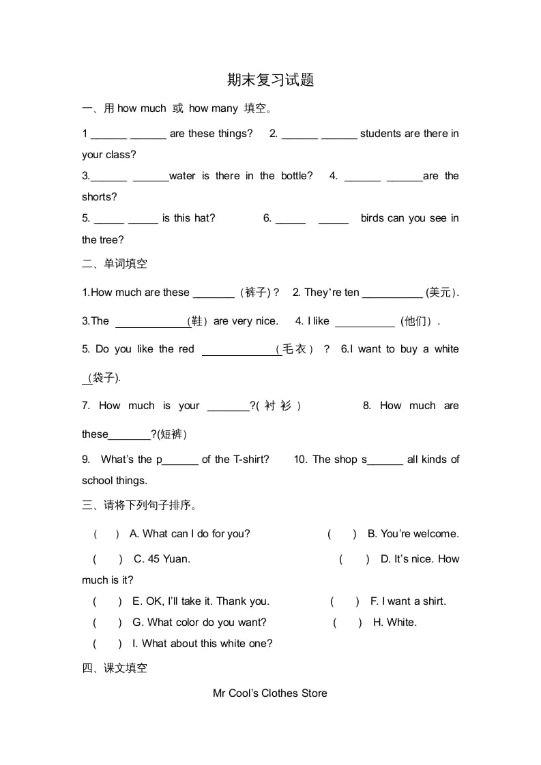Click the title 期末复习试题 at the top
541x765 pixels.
click(x=270, y=80)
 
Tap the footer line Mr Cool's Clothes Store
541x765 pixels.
click(x=270, y=693)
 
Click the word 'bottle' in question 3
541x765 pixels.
click(x=294, y=176)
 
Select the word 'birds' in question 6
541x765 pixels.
click(x=372, y=218)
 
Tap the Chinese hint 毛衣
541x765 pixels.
click(x=294, y=349)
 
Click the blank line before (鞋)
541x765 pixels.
click(x=151, y=321)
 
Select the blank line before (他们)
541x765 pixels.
click(x=365, y=321)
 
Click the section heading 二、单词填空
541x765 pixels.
click(x=115, y=264)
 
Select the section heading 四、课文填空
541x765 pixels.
click(x=115, y=668)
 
